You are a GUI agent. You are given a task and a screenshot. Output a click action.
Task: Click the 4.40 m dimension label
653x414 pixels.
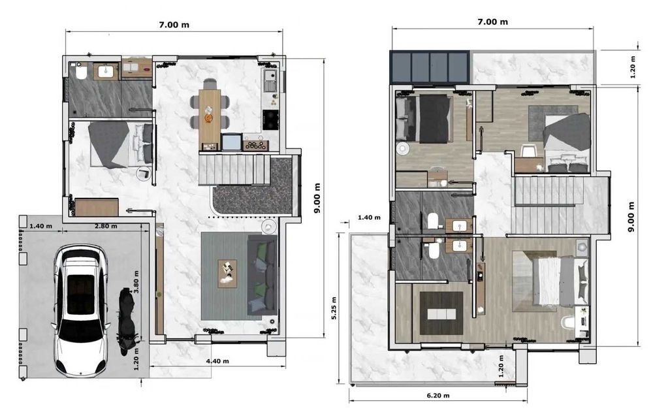pyautogui.click(x=217, y=361)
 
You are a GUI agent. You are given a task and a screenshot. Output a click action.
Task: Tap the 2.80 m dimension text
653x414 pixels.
pyautogui.click(x=106, y=226)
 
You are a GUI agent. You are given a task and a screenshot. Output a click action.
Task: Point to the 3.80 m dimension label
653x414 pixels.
pyautogui.click(x=136, y=282)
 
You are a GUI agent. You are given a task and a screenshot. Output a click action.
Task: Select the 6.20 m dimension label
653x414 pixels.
pyautogui.click(x=438, y=395)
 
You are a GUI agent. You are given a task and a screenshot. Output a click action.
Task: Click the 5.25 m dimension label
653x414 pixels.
pyautogui.click(x=334, y=308)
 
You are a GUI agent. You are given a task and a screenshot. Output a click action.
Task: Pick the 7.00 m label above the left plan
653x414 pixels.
pyautogui.click(x=174, y=25)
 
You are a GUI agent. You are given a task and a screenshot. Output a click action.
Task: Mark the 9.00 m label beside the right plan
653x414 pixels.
pyautogui.click(x=631, y=217)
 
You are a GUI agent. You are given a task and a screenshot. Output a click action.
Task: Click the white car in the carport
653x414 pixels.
pyautogui.click(x=81, y=310)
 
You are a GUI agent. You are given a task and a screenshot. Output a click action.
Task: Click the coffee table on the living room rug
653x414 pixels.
pyautogui.click(x=227, y=274)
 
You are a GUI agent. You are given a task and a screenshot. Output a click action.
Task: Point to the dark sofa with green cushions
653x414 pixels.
pyautogui.click(x=262, y=275)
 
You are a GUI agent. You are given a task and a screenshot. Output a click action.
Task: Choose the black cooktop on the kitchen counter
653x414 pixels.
pyautogui.click(x=270, y=120)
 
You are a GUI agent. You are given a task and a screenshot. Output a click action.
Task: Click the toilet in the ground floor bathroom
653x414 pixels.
pyautogui.click(x=81, y=71)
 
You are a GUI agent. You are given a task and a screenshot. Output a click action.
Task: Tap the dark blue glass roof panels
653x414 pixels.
pyautogui.click(x=430, y=67)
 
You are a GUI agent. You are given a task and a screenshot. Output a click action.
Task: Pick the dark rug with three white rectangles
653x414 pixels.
pyautogui.click(x=441, y=313)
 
